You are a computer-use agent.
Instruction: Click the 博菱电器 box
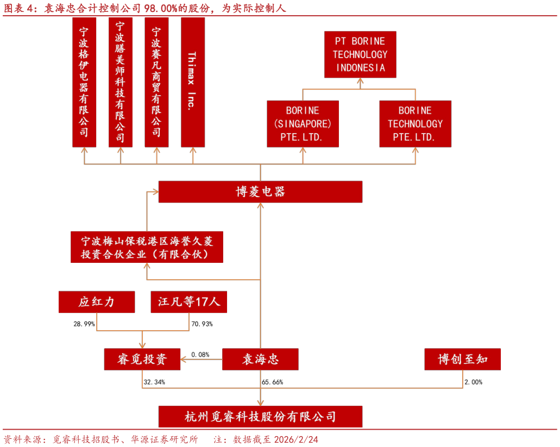pyautogui.click(x=260, y=192)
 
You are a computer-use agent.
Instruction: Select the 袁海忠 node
pyautogui.click(x=260, y=359)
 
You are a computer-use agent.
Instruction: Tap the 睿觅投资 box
pyautogui.click(x=142, y=359)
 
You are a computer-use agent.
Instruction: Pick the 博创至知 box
pyautogui.click(x=462, y=359)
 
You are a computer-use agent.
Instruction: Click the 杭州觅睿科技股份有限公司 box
pyautogui.click(x=260, y=417)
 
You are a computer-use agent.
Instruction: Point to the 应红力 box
pyautogui.click(x=96, y=302)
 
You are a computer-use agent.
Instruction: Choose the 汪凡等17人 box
pyautogui.click(x=188, y=302)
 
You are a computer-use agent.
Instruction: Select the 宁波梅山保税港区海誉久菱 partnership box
pyautogui.click(x=147, y=247)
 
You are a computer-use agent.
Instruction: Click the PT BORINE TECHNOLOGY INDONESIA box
pyautogui.click(x=360, y=54)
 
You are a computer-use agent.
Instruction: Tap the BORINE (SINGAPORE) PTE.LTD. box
pyautogui.click(x=303, y=124)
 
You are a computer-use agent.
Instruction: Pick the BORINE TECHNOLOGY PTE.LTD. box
pyautogui.click(x=415, y=124)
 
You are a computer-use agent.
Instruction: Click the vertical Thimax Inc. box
pyautogui.click(x=193, y=82)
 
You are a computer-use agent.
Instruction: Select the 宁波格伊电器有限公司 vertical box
pyautogui.click(x=84, y=82)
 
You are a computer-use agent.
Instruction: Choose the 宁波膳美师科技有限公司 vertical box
pyautogui.click(x=120, y=82)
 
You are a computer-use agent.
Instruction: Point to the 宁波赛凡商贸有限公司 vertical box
pyautogui.click(x=156, y=82)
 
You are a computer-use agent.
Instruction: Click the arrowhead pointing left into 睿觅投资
pyautogui.click(x=184, y=359)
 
